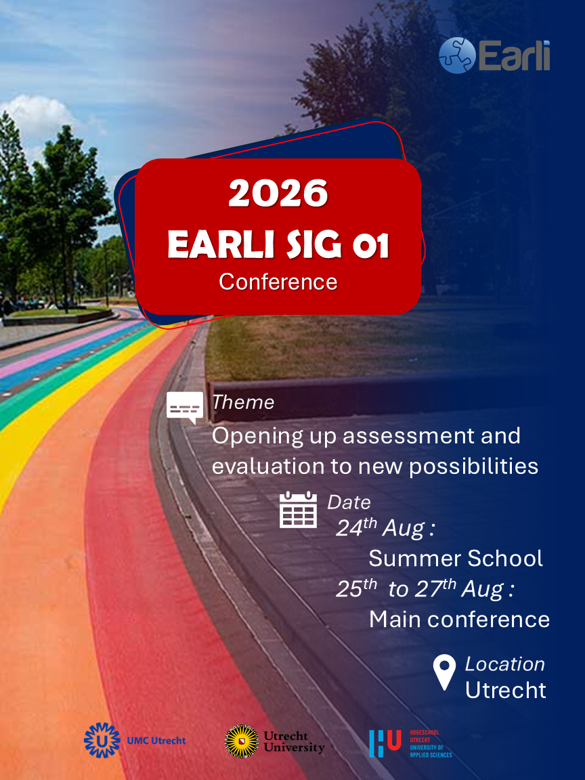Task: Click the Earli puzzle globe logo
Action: [457, 56]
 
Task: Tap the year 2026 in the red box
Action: [278, 193]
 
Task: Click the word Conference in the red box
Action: [278, 282]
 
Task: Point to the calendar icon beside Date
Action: [298, 509]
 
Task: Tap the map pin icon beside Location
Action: [444, 672]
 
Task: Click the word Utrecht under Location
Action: [505, 691]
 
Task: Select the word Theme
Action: [243, 402]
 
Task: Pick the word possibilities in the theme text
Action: [473, 467]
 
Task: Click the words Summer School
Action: [456, 558]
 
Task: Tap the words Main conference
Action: [459, 620]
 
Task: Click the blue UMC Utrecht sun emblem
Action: [102, 740]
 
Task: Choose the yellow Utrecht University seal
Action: [242, 741]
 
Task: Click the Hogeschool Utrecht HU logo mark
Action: [385, 743]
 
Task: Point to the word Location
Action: [505, 664]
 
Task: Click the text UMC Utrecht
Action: [156, 741]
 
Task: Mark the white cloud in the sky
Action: [37, 114]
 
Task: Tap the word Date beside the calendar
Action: [349, 502]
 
